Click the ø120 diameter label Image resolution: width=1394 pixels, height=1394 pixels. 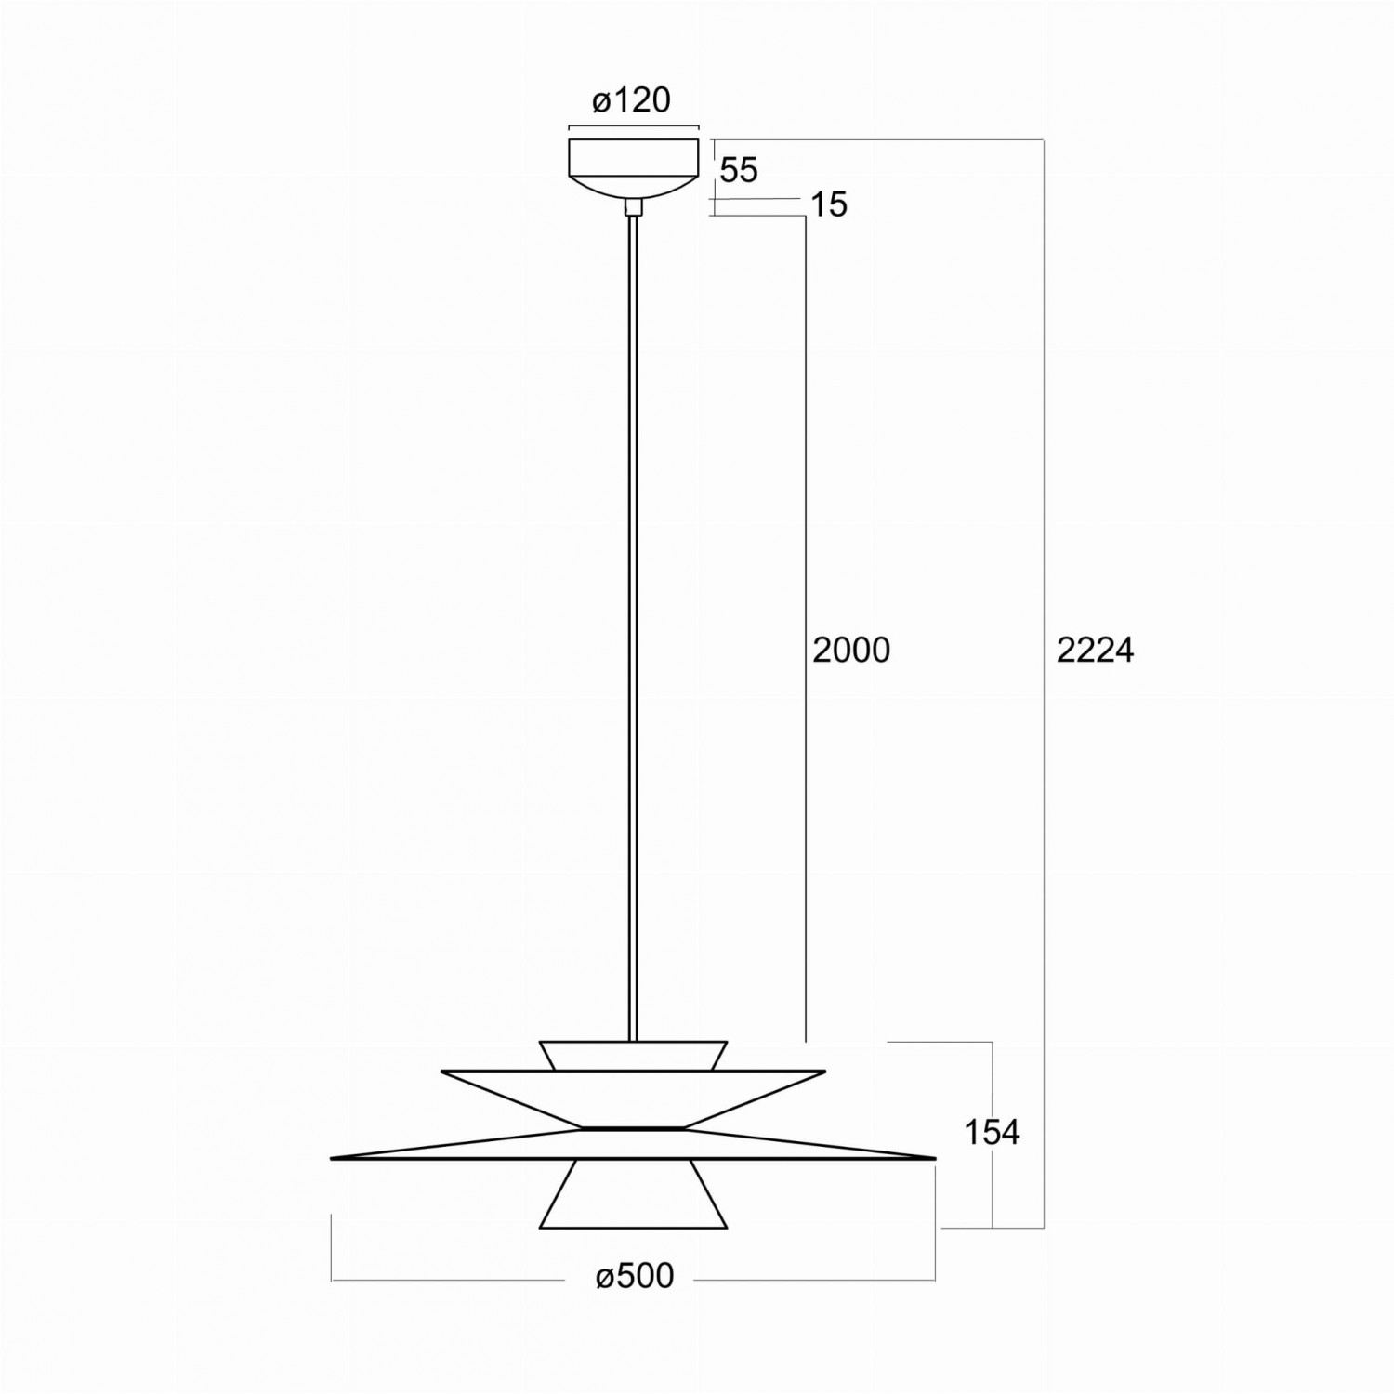632,99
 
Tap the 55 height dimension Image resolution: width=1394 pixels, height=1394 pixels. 740,170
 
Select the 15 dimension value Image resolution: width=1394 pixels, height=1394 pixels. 829,204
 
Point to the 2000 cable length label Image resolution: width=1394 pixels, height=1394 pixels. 851,651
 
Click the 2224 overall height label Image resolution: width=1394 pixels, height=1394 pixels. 1096,651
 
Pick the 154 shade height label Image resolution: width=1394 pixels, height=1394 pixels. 991,1132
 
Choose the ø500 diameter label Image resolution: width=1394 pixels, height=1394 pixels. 635,1276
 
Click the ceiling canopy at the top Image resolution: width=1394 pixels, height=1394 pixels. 633,167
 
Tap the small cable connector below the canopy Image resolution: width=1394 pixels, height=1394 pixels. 633,207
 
